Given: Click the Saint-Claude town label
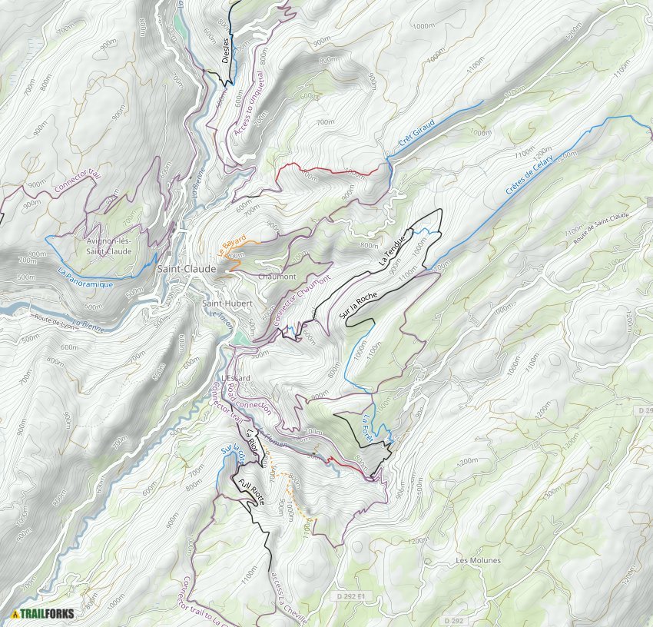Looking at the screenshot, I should click(x=186, y=269).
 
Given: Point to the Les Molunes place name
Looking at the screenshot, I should click(x=478, y=560).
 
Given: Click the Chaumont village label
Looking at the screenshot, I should click(x=277, y=276).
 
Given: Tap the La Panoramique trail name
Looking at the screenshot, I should click(x=85, y=277).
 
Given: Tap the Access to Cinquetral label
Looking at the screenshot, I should click(x=249, y=108).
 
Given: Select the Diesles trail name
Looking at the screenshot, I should click(x=224, y=32).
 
